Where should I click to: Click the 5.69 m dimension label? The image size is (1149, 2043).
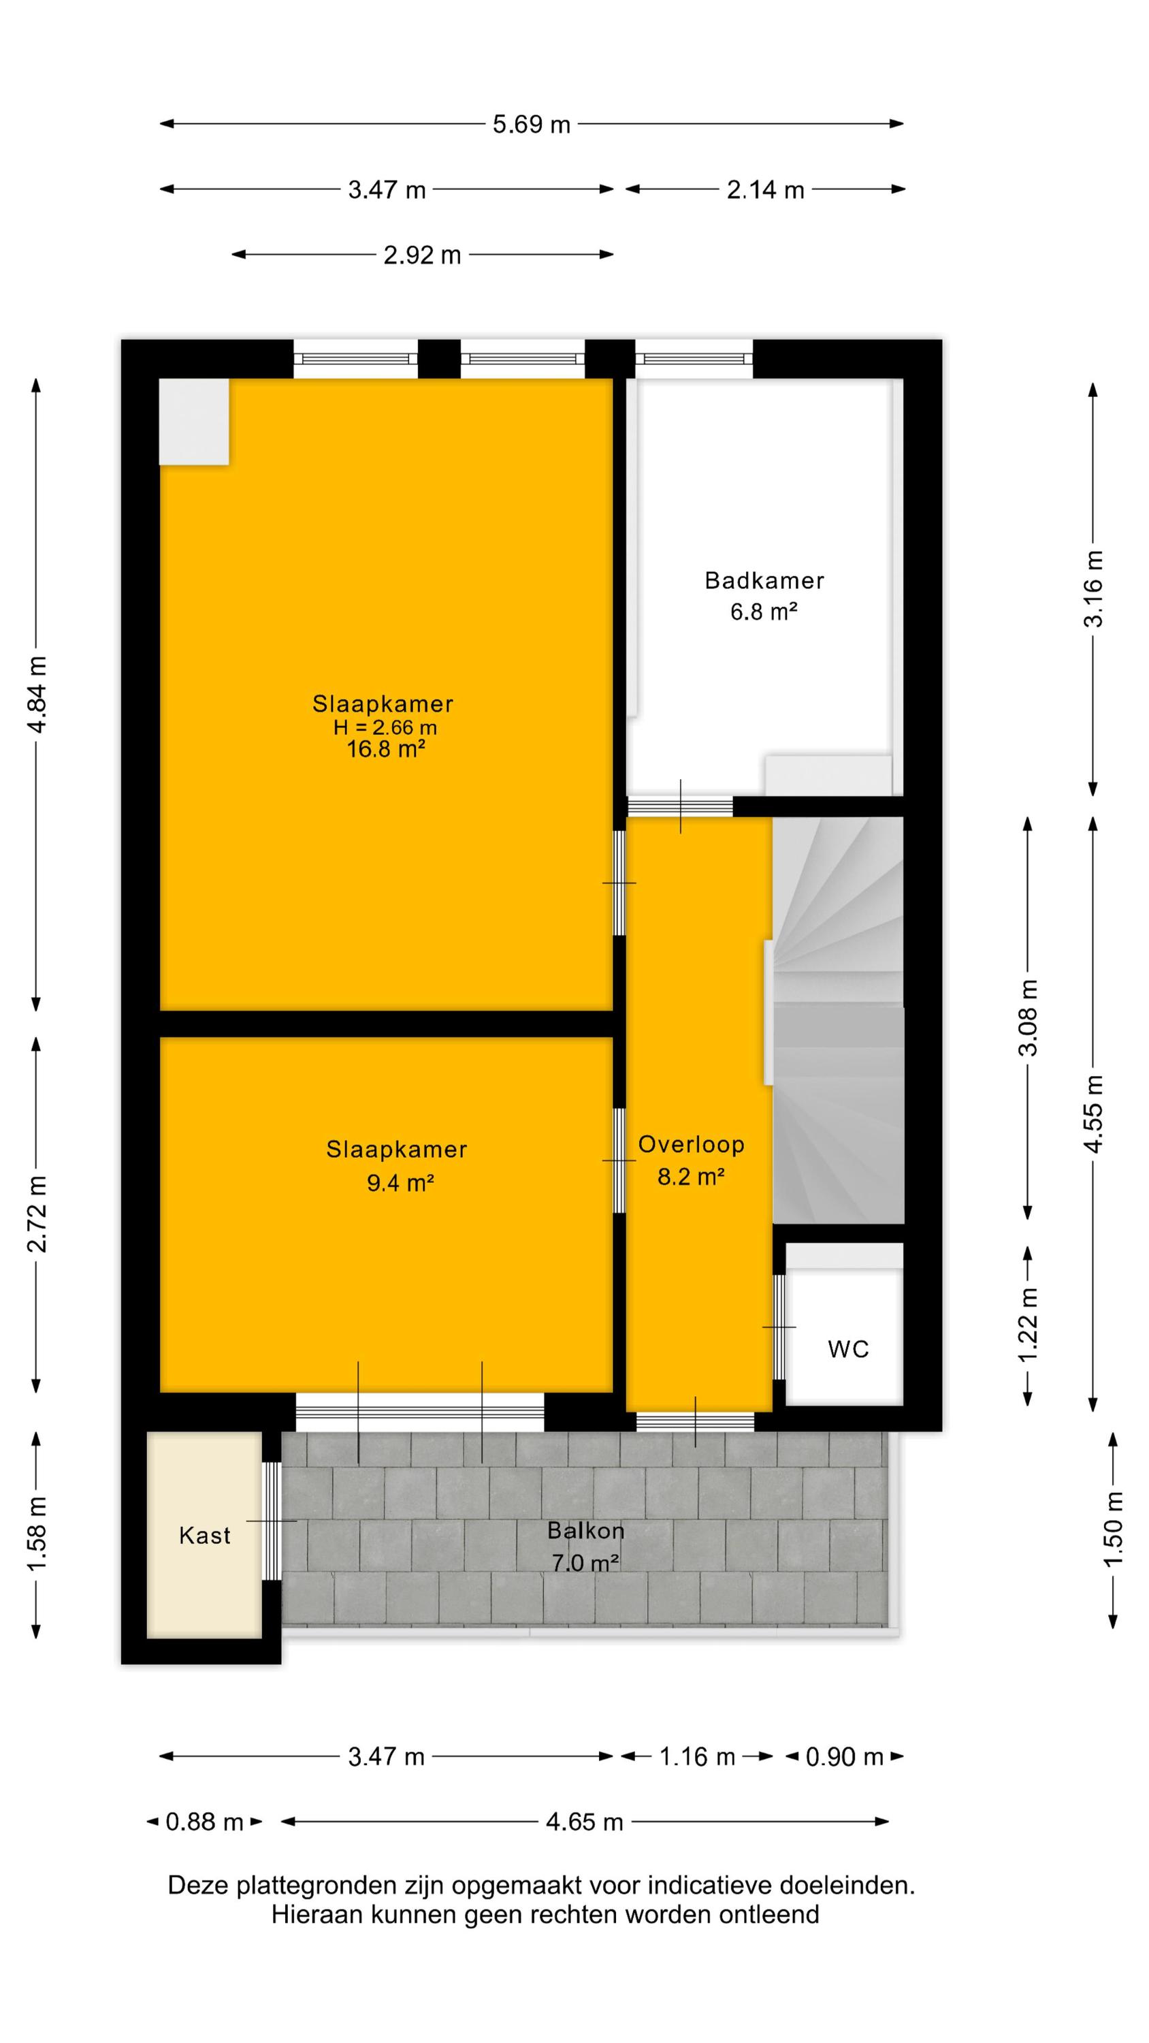tap(532, 125)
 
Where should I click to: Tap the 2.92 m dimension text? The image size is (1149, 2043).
tap(422, 255)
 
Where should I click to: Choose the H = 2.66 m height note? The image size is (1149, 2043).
tap(385, 727)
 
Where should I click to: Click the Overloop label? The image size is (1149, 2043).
tap(692, 1145)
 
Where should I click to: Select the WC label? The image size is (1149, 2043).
tap(848, 1349)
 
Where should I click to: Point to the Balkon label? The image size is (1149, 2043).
tap(586, 1530)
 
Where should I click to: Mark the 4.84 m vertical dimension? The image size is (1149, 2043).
tap(37, 695)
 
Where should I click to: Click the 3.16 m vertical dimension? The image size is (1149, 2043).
tap(1093, 588)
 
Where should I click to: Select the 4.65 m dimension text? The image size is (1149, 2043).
tap(585, 1822)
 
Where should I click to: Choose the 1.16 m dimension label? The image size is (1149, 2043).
tap(697, 1757)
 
